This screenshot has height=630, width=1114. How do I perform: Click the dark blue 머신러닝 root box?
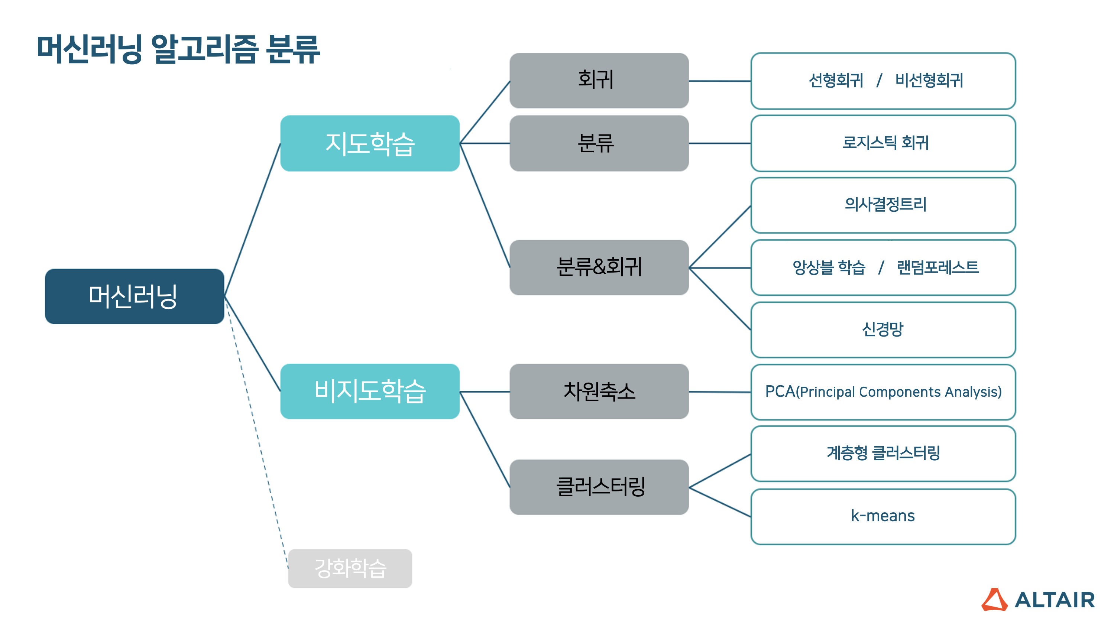click(x=134, y=296)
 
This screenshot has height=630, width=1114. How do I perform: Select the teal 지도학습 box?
click(x=370, y=143)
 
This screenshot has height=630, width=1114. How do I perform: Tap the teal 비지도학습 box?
click(x=370, y=391)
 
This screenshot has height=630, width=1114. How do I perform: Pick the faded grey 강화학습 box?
click(x=350, y=568)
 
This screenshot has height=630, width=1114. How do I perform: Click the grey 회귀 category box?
click(x=599, y=81)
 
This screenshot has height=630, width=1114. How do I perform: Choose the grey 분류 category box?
click(x=599, y=143)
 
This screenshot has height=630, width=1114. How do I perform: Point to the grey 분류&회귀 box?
click(x=599, y=267)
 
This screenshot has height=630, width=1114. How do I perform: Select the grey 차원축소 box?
click(x=599, y=391)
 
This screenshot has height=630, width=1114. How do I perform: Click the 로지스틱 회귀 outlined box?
click(x=883, y=143)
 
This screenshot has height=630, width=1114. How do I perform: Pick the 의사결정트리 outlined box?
click(x=883, y=205)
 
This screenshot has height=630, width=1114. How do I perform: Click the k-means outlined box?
click(x=883, y=516)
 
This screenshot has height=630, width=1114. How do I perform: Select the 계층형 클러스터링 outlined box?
click(x=883, y=454)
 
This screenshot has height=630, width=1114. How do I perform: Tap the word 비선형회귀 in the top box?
click(x=929, y=81)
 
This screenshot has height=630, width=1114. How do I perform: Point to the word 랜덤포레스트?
click(x=937, y=267)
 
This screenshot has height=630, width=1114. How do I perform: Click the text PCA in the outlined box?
click(x=780, y=392)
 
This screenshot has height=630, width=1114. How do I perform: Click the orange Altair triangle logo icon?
click(x=994, y=600)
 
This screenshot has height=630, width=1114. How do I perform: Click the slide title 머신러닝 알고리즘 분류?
click(x=178, y=49)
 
